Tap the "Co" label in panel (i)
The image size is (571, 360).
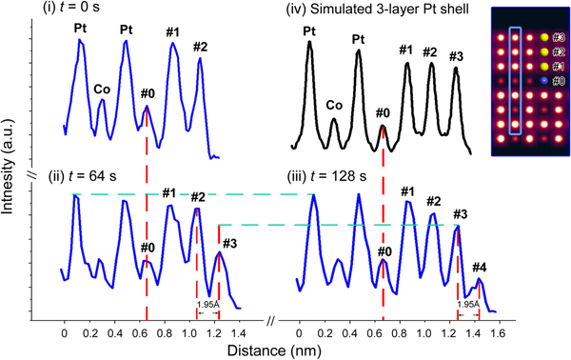[101, 90]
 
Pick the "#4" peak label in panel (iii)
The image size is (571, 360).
[479, 267]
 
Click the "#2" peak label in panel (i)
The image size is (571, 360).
[200, 47]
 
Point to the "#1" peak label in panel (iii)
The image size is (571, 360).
[407, 192]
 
